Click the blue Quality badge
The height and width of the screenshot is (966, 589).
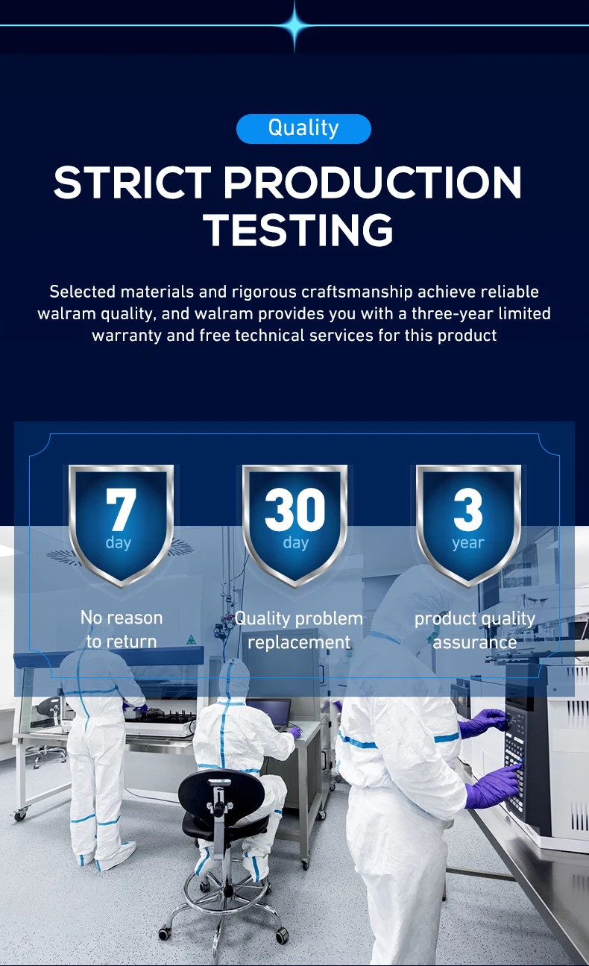303,128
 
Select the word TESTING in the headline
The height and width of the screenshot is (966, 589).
298,230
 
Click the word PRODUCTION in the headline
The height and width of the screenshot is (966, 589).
373,183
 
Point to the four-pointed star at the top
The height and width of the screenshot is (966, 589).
295,26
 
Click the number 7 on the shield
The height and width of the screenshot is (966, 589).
122,509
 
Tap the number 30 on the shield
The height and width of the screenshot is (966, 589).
295,509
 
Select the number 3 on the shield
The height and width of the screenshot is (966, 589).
468,509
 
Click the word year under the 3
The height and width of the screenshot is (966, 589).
468,542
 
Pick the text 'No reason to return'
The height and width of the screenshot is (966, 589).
122,630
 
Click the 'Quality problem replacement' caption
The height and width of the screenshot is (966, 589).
298,630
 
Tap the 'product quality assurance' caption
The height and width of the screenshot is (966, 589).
475,630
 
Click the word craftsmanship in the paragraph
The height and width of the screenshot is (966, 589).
357,292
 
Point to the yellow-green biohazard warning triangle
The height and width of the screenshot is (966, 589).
191,639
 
